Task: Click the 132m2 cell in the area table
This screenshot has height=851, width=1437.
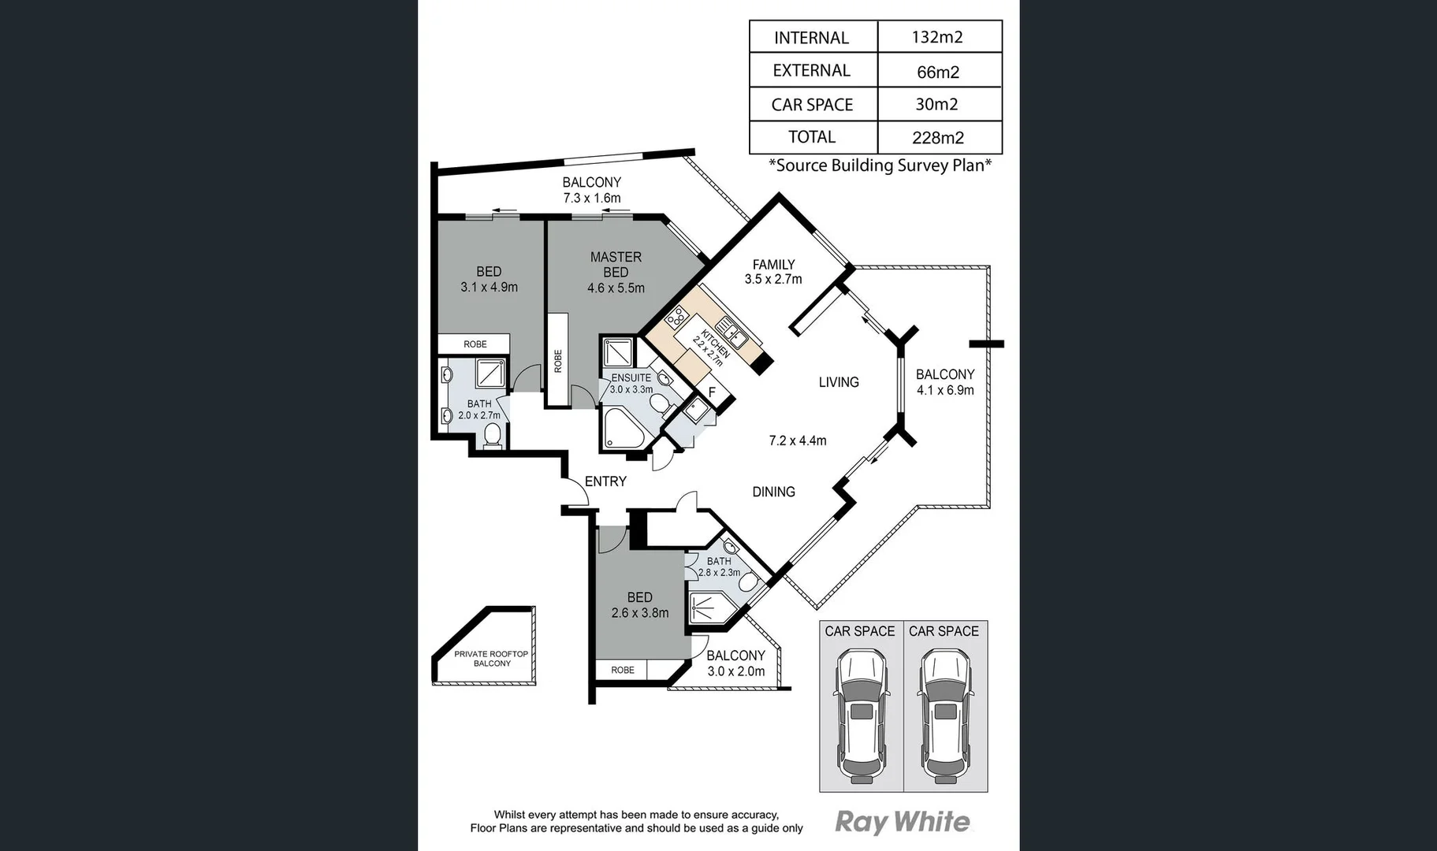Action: [937, 37]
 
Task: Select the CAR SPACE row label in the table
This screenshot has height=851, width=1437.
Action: [812, 105]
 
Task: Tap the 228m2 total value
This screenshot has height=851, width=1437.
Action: [937, 138]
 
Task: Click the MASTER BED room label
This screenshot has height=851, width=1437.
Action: [616, 265]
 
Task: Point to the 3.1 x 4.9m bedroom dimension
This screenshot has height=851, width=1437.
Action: [489, 288]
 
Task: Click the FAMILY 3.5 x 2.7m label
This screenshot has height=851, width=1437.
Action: [773, 272]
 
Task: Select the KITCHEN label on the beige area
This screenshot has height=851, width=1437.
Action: [713, 346]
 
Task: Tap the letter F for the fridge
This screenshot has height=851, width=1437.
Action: [712, 392]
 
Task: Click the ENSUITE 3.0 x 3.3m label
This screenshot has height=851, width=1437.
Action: [631, 384]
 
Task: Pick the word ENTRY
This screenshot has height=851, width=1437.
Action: [605, 481]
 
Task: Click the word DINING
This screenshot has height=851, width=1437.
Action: [773, 492]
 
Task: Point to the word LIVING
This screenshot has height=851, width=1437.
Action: [838, 382]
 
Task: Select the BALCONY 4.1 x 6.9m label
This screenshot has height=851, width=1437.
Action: [944, 382]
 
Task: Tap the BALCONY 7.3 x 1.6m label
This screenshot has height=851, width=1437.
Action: [591, 190]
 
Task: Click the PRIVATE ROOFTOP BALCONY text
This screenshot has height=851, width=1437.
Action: [491, 659]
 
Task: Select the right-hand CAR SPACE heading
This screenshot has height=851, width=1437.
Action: [944, 631]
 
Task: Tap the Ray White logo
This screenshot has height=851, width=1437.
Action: [903, 823]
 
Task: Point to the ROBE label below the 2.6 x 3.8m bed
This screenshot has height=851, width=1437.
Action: [622, 670]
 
